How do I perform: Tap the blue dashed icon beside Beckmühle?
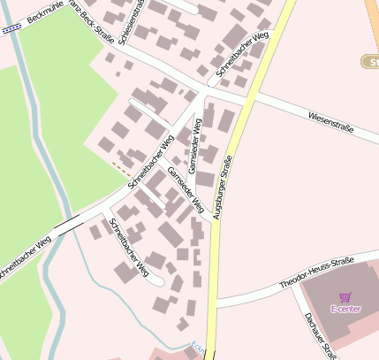click(11, 28)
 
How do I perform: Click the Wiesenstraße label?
click(330, 122)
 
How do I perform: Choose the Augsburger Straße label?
click(223, 187)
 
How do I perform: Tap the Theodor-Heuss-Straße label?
click(315, 272)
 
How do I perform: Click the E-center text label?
click(345, 309)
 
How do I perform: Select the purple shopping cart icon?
click(345, 297)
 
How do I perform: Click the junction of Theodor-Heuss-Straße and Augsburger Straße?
click(215, 303)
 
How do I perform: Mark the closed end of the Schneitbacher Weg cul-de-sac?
click(161, 283)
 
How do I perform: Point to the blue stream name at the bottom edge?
click(197, 350)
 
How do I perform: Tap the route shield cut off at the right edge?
click(370, 61)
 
